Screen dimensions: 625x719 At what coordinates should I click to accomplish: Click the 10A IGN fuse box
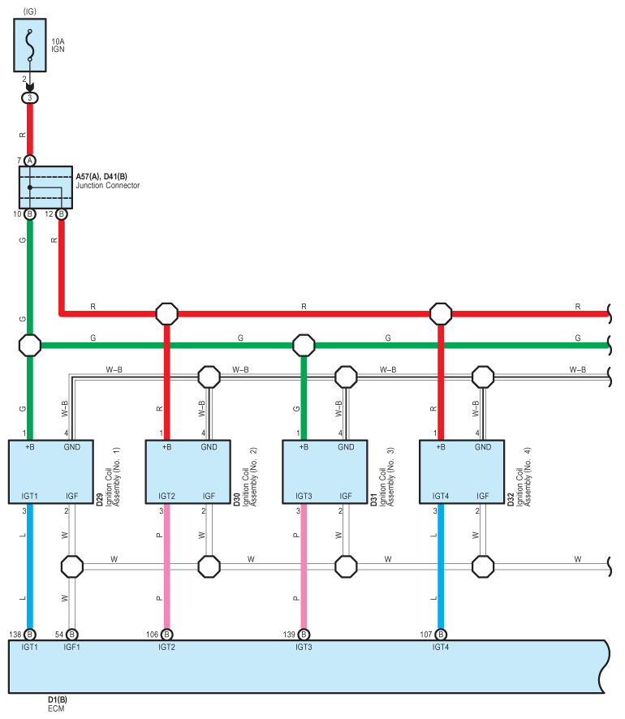[30, 45]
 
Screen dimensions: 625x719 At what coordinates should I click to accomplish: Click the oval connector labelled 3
[30, 97]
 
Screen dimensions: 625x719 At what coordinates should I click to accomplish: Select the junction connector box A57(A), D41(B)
[45, 187]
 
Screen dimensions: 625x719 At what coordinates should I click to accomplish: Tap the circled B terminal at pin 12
[61, 214]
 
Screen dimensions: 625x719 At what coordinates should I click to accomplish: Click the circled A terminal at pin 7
[30, 161]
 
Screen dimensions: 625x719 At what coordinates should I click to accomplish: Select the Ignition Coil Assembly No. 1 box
[51, 471]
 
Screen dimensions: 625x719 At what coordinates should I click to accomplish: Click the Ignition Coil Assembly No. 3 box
[325, 471]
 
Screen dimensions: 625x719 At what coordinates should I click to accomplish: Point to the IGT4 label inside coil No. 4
[441, 496]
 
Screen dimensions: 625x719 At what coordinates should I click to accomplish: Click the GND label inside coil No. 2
[209, 447]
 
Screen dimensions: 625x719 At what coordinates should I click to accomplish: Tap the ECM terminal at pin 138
[30, 635]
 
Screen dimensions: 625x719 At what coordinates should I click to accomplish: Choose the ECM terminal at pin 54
[72, 635]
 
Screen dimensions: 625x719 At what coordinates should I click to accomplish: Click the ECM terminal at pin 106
[167, 635]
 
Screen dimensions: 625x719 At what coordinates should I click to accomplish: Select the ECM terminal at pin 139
[304, 635]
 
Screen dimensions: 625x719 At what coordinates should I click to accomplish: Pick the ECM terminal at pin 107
[441, 635]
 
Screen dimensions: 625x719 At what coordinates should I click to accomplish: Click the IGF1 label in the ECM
[72, 647]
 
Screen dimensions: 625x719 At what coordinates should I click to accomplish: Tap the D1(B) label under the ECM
[58, 700]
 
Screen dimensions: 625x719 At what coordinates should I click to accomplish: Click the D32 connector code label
[511, 499]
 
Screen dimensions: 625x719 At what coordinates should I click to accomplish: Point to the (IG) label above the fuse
[30, 11]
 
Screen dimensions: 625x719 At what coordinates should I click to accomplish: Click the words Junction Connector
[108, 185]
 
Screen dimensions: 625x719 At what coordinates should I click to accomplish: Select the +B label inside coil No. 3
[304, 447]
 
